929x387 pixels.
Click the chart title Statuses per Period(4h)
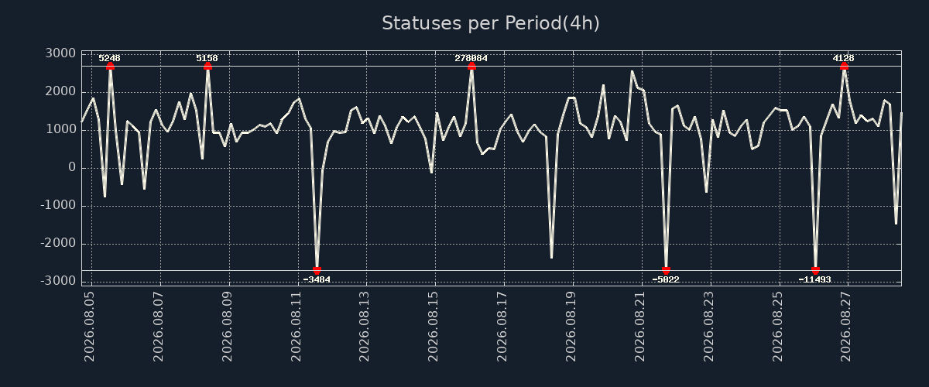491,23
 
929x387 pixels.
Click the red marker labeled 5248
110,67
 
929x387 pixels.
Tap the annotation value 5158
207,58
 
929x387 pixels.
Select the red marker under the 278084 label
471,67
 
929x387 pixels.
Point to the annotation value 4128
844,58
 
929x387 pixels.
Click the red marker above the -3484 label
317,270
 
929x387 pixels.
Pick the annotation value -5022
666,279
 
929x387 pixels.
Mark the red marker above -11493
815,270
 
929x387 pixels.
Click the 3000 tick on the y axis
60,53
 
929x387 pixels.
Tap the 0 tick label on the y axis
72,168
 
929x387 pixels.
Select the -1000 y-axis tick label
59,205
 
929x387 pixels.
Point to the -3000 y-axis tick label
59,281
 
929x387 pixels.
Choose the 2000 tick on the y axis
60,91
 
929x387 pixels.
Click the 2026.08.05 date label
90,327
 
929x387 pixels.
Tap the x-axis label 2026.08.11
296,327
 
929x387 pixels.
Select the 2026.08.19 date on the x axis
571,327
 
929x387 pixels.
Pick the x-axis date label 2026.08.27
846,327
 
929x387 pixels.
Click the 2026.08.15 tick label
434,327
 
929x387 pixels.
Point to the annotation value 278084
471,58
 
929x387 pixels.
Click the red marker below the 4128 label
844,67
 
